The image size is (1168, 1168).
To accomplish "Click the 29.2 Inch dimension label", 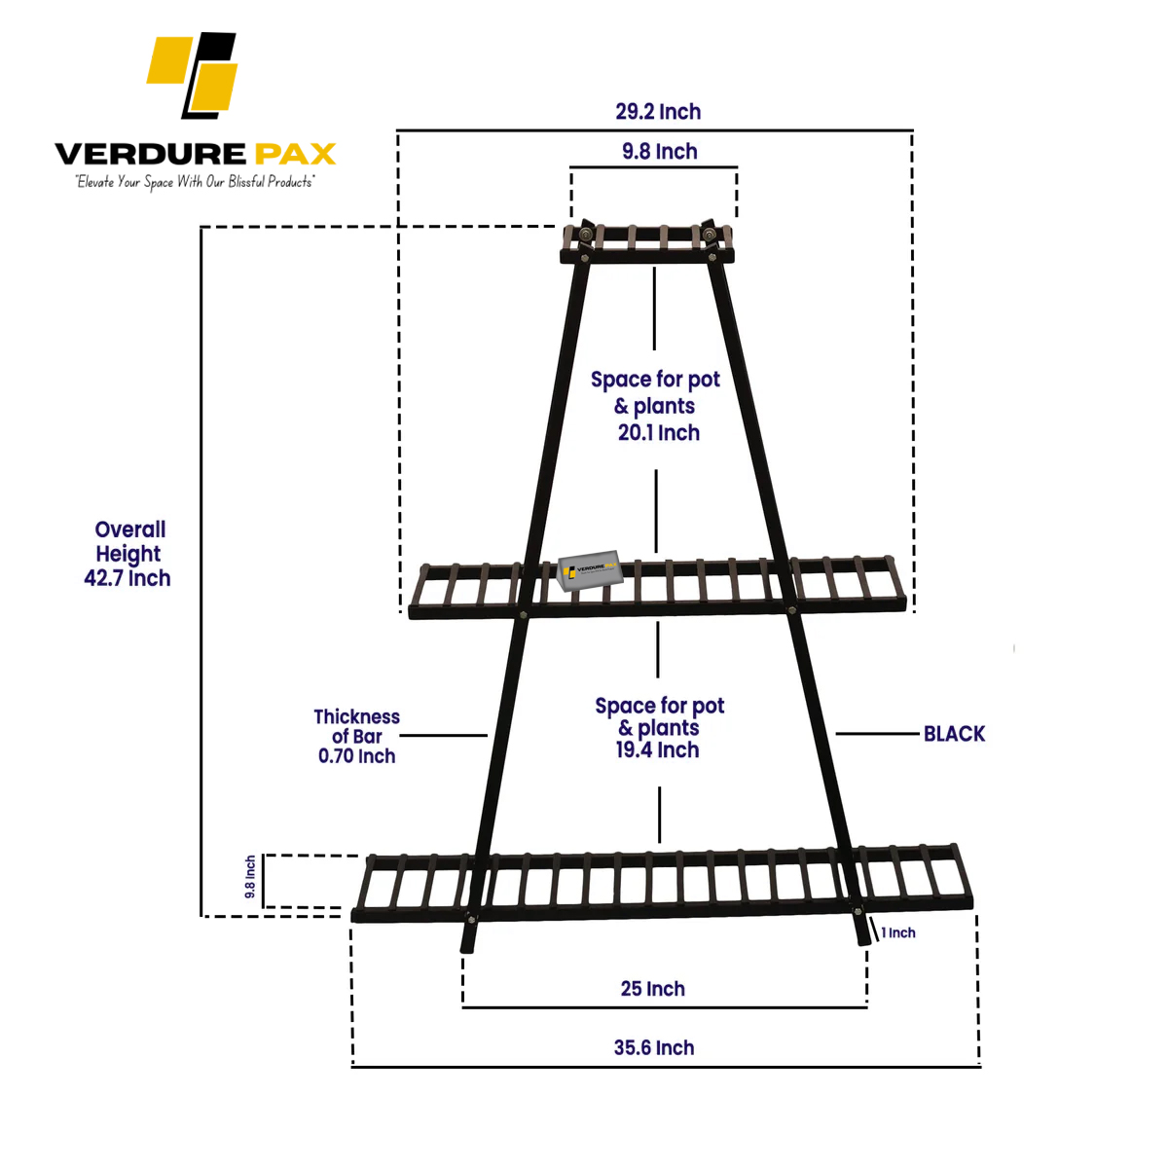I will point(658,112).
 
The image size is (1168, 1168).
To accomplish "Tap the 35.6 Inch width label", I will point(654,1048).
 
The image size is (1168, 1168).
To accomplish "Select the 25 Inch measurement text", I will point(653,989).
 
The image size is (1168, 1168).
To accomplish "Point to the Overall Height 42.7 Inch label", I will point(128,554).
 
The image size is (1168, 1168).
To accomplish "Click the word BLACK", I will point(954,734).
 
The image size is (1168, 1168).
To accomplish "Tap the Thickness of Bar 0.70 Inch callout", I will point(356,737).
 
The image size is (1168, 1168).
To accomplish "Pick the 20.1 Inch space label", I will point(658,432).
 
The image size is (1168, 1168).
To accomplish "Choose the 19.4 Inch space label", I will point(657,749).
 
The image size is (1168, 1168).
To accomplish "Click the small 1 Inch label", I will point(898,932).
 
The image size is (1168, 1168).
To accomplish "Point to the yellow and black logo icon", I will point(194,75).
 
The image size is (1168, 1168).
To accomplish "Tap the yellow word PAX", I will point(295,154).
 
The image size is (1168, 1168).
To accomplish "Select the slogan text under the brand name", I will point(195,182).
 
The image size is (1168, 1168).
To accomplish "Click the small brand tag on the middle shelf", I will point(590,570).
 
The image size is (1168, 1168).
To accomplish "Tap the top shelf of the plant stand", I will point(647,244).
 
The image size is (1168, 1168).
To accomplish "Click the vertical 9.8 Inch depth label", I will point(250,877).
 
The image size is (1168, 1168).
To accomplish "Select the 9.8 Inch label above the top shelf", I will point(660,152).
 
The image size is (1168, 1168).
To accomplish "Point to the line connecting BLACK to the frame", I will point(876,734).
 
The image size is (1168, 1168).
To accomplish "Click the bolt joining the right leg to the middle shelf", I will point(791,610).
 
